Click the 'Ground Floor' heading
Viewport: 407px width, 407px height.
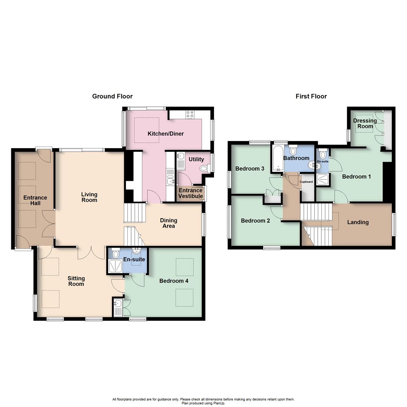click(112, 96)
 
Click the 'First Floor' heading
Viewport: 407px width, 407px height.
click(311, 96)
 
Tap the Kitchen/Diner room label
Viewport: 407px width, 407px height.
click(165, 134)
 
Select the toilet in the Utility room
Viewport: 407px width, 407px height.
click(205, 168)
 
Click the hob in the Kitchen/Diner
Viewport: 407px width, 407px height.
click(190, 114)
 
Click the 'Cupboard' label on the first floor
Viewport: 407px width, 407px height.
click(306, 182)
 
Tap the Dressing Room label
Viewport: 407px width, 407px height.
click(365, 124)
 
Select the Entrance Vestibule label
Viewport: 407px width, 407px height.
click(190, 193)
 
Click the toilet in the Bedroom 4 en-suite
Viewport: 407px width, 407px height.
click(116, 254)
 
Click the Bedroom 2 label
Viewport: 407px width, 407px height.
click(255, 221)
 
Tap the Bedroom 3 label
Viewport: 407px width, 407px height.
click(249, 168)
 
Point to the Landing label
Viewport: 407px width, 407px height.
click(358, 222)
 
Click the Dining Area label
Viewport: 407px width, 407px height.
click(168, 223)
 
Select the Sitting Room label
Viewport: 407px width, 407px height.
click(76, 281)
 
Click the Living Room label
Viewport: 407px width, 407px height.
click(89, 197)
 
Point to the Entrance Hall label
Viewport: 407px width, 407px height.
click(35, 200)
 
